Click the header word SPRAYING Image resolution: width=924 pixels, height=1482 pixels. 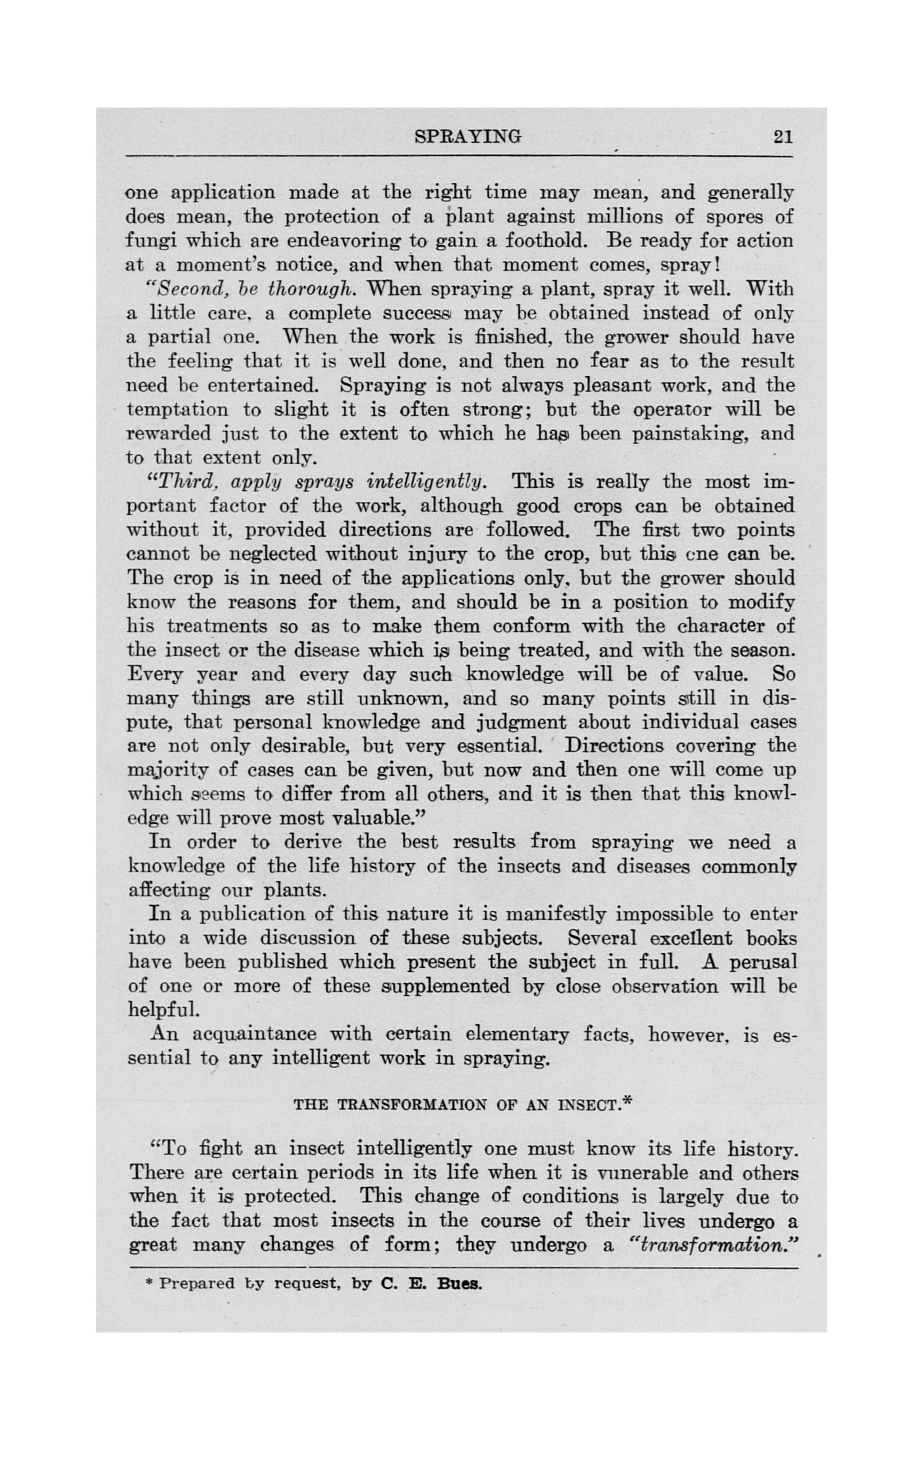[468, 136]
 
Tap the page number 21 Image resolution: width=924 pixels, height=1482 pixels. [783, 136]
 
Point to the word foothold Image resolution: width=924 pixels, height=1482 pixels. [546, 241]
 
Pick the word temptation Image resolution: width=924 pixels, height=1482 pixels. [177, 409]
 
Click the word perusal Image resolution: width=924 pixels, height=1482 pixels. [763, 963]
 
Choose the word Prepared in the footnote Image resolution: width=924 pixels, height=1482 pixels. [197, 1284]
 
